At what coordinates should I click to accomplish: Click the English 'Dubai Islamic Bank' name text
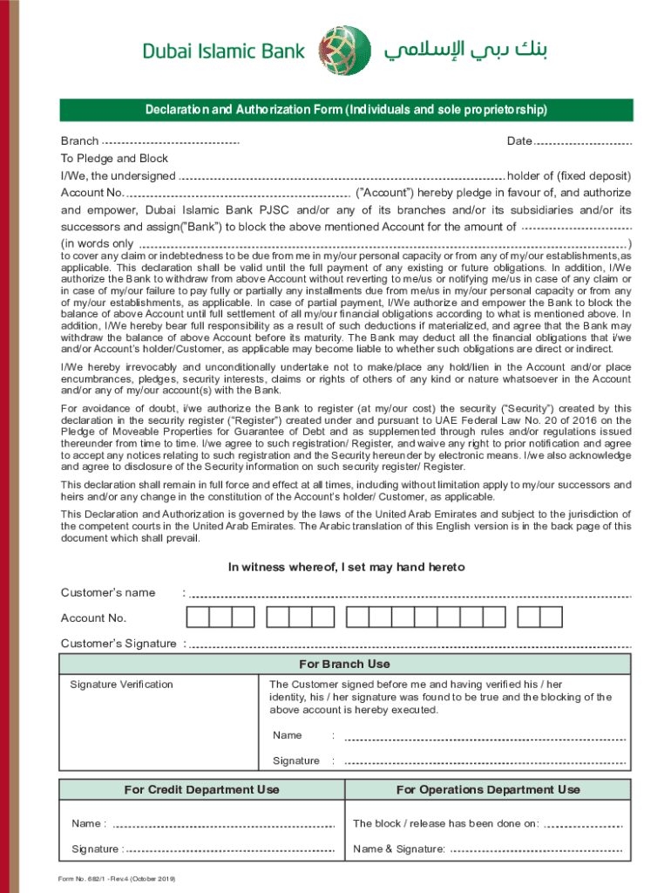pos(224,52)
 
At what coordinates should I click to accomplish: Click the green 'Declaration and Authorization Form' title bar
pos(346,110)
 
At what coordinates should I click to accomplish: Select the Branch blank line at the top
pos(171,142)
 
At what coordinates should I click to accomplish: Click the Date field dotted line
pos(582,142)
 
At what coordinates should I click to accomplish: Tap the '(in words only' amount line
pos(383,244)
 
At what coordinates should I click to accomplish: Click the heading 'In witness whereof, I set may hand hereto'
pos(346,567)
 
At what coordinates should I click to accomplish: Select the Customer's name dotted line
pos(410,595)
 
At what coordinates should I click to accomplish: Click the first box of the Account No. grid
pos(198,617)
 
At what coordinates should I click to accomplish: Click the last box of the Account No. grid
pos(552,617)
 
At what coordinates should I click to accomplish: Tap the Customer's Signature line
pos(410,645)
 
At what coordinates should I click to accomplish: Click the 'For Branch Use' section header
pos(345,664)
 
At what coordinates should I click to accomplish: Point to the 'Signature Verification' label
pos(121,685)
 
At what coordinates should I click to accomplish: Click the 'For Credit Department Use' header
pos(201,789)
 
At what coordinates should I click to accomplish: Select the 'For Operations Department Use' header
pos(487,789)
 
